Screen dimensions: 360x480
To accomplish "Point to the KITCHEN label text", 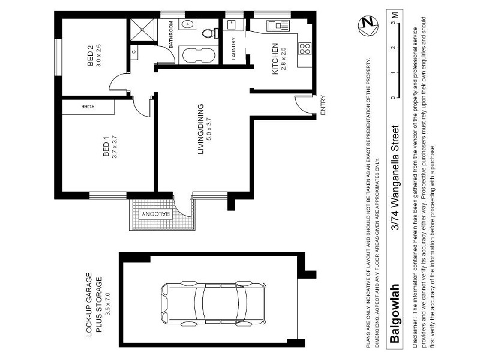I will [275, 59].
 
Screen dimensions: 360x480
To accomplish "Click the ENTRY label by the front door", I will [323, 104].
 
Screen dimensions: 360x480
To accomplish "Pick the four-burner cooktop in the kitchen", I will [304, 48].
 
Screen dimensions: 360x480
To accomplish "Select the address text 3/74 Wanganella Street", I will [394, 177].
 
